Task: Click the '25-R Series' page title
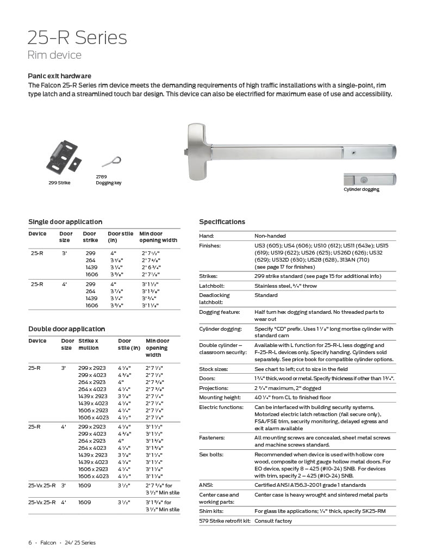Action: click(x=77, y=38)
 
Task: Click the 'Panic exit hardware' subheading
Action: click(x=59, y=76)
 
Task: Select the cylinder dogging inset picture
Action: click(x=369, y=180)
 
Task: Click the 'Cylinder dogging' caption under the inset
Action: click(x=361, y=189)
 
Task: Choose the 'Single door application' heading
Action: click(x=65, y=222)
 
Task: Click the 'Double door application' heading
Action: click(x=66, y=329)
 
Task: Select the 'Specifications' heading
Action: click(x=222, y=222)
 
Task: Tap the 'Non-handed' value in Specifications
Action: click(x=270, y=236)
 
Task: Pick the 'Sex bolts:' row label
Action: click(x=211, y=454)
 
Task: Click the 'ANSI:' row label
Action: click(x=206, y=485)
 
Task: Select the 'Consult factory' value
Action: click(x=273, y=521)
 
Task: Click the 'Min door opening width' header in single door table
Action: click(x=158, y=237)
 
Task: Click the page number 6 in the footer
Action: click(x=30, y=543)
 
